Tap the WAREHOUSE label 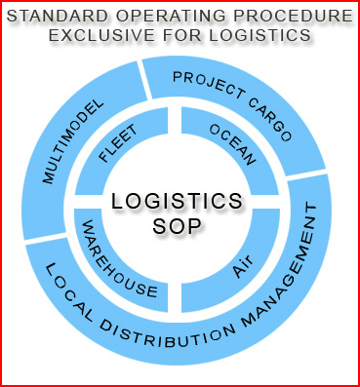pyautogui.click(x=117, y=260)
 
